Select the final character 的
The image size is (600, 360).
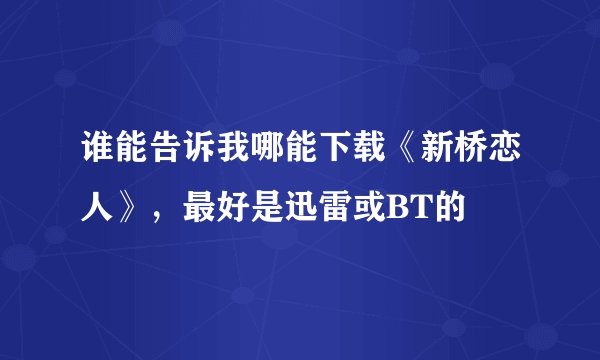coord(425,208)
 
